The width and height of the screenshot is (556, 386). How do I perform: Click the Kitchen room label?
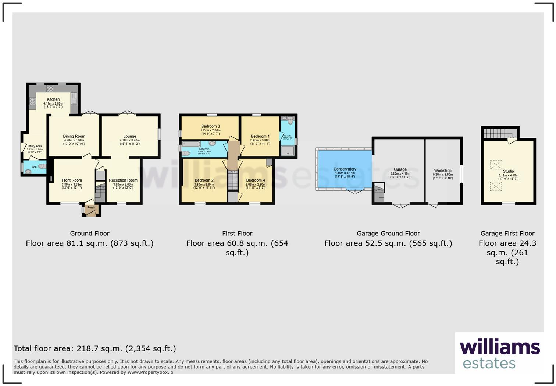tap(53, 99)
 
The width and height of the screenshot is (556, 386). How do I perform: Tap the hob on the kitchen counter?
tap(50, 88)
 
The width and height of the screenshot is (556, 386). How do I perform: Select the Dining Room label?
tap(74, 136)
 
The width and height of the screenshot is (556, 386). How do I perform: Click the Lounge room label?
tap(129, 136)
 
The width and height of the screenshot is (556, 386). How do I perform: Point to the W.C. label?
tap(34, 167)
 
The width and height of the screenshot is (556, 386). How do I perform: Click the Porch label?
tap(91, 208)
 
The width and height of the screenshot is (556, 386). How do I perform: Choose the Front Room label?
tap(72, 180)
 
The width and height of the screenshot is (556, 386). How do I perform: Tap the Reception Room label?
tap(123, 180)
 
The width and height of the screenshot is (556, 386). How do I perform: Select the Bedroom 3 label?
tap(210, 126)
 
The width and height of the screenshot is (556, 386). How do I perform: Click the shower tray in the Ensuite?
tap(288, 150)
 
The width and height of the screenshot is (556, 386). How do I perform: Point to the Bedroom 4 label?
tap(256, 180)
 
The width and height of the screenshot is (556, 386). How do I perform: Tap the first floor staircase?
tap(233, 180)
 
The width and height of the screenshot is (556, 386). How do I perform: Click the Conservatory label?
tap(345, 169)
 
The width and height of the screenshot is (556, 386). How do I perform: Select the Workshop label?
tap(442, 171)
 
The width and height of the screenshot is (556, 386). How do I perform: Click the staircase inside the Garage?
tap(379, 193)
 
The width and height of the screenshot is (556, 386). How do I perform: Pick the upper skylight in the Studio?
tap(496, 165)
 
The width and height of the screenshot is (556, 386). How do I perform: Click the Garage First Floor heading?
tap(507, 234)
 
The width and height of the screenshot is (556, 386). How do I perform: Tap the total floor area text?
tap(95, 348)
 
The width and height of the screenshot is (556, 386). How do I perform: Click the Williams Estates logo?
tap(499, 354)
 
